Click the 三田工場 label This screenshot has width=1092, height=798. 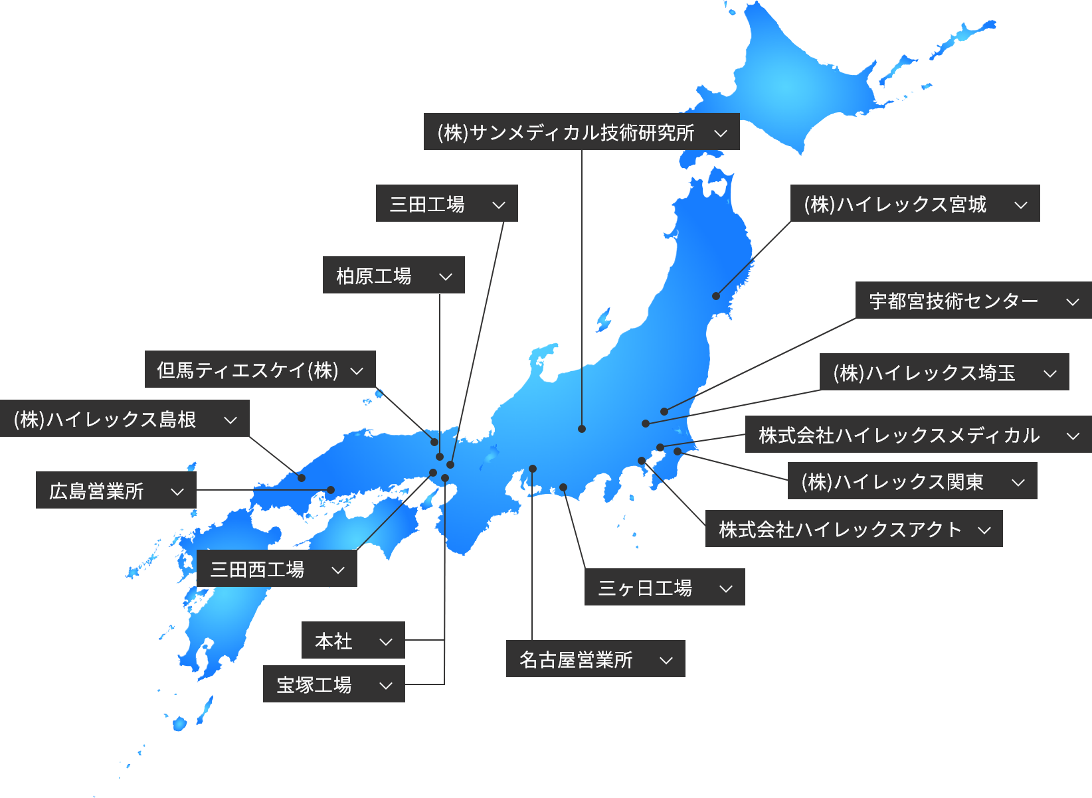pos(446,204)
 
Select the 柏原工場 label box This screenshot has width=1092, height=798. pos(393,276)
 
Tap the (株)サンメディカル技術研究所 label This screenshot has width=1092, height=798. pos(581,132)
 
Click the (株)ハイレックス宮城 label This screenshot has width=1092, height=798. pos(915,204)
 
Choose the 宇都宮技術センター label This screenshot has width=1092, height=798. pos(973,301)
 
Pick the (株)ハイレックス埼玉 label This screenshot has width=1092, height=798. pos(944,372)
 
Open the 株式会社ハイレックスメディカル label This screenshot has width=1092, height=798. pos(918,435)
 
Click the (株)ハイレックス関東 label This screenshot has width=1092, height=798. pos(912,481)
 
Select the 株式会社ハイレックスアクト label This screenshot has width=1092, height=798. pos(854,529)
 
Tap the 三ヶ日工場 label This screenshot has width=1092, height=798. pos(664,588)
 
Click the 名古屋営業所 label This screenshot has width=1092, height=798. pos(595,659)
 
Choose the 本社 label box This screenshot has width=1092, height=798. pos(353,641)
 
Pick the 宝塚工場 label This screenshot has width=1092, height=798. pos(333,684)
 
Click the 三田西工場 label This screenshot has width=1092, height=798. pos(276,569)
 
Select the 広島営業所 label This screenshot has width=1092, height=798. pos(116,491)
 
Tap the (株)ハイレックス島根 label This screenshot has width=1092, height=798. pos(124,419)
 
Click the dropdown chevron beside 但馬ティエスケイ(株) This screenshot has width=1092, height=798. pos(357,370)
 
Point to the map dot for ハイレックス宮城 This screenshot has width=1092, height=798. pos(716,296)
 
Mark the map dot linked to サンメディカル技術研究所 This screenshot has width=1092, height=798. pos(582,429)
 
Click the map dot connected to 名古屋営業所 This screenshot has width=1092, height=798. pos(533,469)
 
